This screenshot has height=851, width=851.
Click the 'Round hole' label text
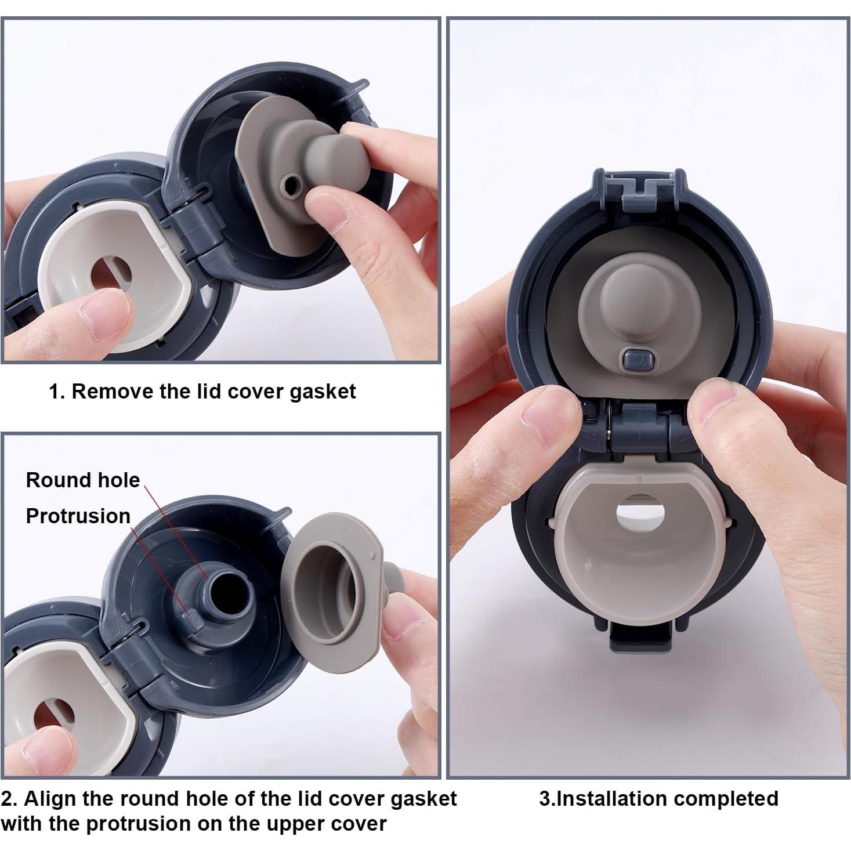point(83,480)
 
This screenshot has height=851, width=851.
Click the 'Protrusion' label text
point(78,516)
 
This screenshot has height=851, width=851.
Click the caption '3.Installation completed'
point(658,799)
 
